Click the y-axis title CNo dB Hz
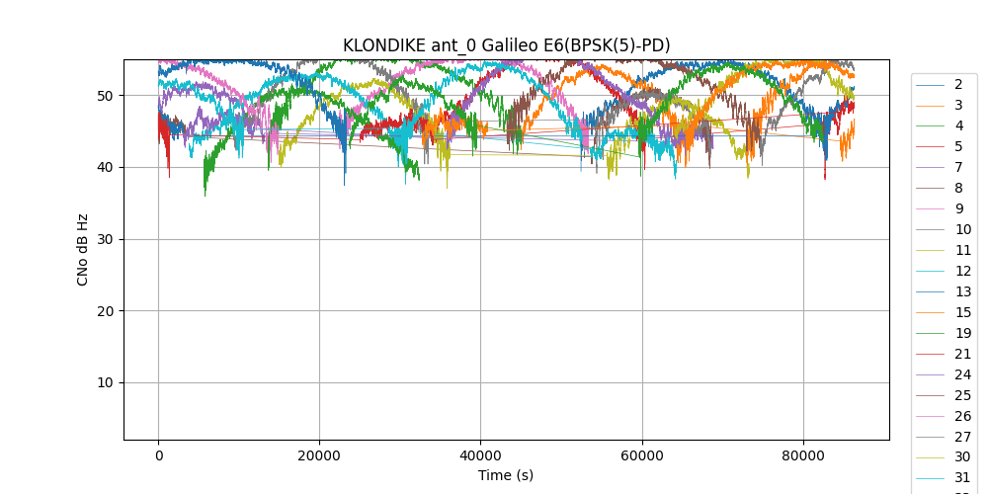coord(83,249)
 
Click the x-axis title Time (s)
coord(506,475)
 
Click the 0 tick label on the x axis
coord(158,455)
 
